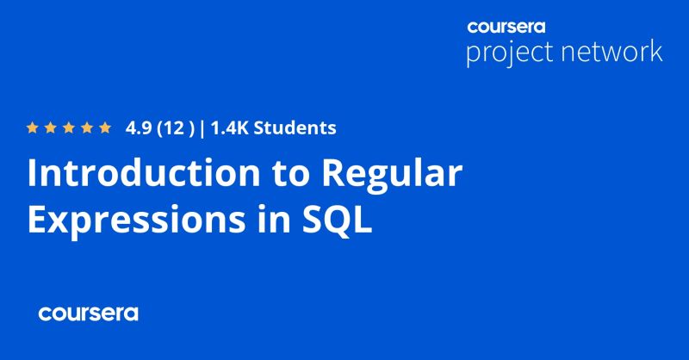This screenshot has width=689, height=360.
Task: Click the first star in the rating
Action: pyautogui.click(x=33, y=129)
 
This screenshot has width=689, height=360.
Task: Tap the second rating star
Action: pyautogui.click(x=51, y=129)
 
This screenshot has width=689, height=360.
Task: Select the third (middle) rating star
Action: pyautogui.click(x=69, y=129)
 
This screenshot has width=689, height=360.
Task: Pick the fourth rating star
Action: pyautogui.click(x=87, y=129)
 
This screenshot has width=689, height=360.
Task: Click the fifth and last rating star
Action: pyautogui.click(x=105, y=129)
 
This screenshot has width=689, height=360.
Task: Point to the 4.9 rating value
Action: pyautogui.click(x=138, y=129)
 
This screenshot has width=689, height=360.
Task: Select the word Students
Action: pyautogui.click(x=295, y=129)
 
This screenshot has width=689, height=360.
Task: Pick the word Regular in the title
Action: pyautogui.click(x=393, y=176)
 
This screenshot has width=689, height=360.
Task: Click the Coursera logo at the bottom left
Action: pyautogui.click(x=88, y=313)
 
